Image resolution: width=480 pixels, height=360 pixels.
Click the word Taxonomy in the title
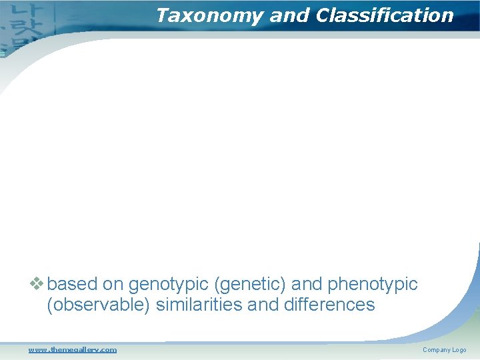[x=208, y=16]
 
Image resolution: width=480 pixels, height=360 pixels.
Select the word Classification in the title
[x=384, y=16]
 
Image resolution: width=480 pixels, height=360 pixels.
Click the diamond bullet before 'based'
[x=37, y=284]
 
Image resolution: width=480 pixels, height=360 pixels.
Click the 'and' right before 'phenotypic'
[x=307, y=285]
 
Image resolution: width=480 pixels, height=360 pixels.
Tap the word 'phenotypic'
[x=373, y=285]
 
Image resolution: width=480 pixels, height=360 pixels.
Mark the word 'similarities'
[x=193, y=305]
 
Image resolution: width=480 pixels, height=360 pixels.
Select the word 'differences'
[x=327, y=305]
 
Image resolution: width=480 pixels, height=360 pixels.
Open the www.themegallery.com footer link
[x=72, y=349]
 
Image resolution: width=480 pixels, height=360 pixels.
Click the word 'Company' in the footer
[x=436, y=350]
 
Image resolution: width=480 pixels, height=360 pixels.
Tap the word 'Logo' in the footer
[x=459, y=350]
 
